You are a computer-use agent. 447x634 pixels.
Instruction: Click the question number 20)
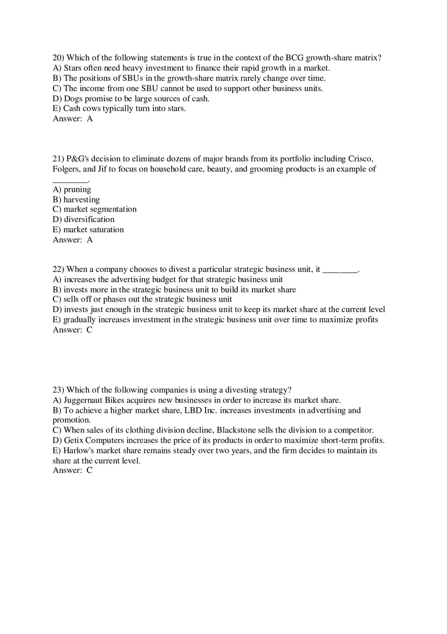(x=58, y=58)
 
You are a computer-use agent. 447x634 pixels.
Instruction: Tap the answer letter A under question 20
(x=90, y=119)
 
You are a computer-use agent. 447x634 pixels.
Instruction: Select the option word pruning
(x=77, y=190)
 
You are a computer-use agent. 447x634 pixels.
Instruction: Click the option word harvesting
(x=81, y=200)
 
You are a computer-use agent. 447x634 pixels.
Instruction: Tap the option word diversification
(x=89, y=220)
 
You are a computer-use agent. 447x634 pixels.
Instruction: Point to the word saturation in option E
(x=107, y=230)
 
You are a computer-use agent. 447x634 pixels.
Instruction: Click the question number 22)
(x=58, y=269)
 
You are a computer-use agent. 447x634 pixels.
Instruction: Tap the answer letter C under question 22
(x=89, y=330)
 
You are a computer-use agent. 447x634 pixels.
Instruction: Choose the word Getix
(x=74, y=441)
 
